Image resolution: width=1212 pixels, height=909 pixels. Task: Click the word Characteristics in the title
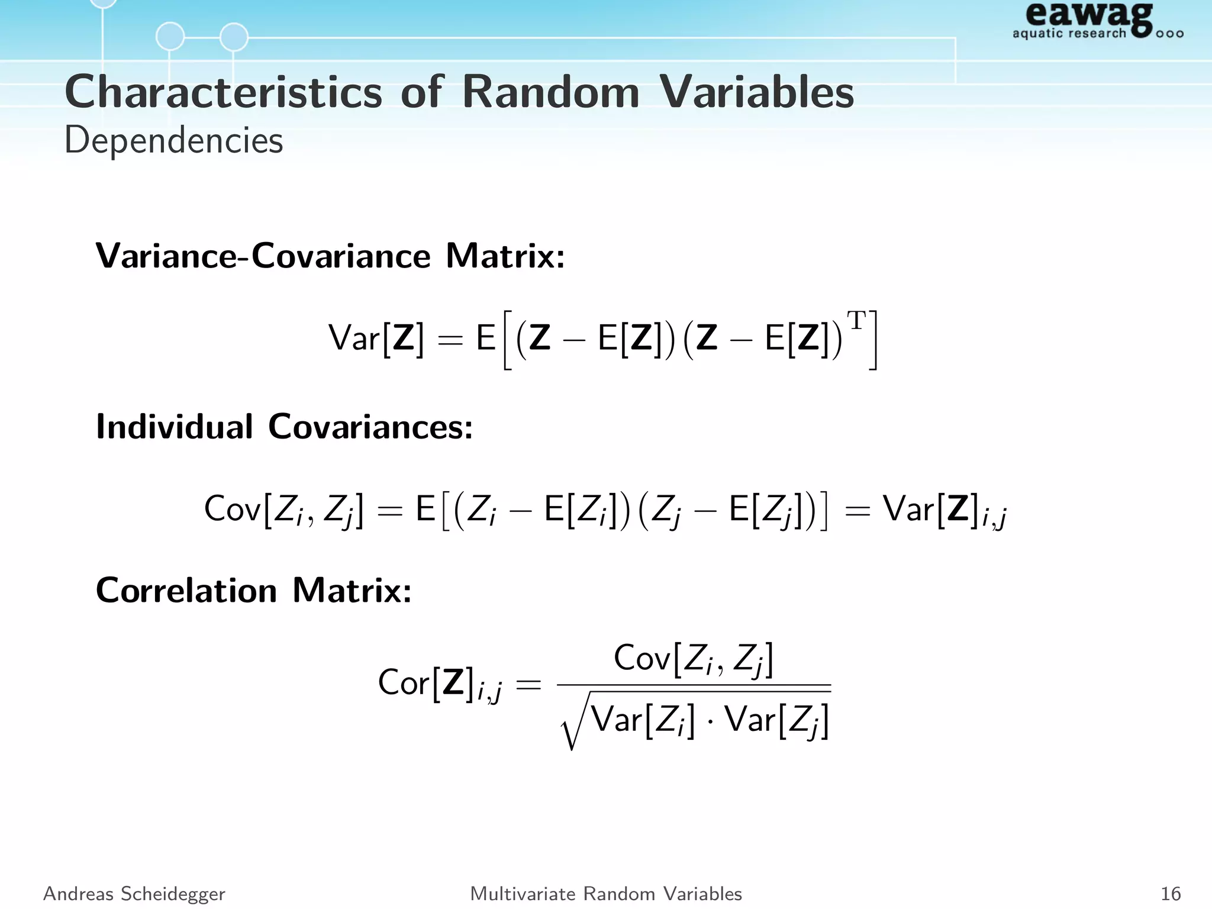[x=224, y=92]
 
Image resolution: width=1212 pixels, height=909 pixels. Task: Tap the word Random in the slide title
[x=550, y=92]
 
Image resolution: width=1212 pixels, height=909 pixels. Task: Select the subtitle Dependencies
[x=173, y=141]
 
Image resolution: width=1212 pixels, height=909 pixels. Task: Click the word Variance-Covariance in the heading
[x=263, y=256]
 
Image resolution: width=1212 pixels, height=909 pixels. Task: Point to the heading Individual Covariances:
[x=285, y=426]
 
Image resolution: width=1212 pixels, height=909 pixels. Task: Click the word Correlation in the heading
[x=186, y=590]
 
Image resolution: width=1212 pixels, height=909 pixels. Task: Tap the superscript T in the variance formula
[x=856, y=321]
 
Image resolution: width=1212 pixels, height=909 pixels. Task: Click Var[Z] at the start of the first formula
[x=376, y=339]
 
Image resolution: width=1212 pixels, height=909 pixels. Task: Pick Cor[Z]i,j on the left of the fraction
[x=440, y=683]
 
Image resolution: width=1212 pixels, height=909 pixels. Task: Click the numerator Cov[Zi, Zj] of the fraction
[x=694, y=658]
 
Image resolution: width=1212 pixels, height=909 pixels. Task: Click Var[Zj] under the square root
[x=776, y=721]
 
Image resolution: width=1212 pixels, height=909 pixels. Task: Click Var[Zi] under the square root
[x=643, y=721]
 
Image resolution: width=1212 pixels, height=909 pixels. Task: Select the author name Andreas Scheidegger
[x=134, y=894]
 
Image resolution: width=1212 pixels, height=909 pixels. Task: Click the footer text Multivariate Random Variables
[x=606, y=894]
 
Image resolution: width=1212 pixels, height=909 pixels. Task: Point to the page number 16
[x=1171, y=894]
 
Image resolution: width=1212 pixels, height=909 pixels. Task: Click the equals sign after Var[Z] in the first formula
[x=450, y=340]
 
